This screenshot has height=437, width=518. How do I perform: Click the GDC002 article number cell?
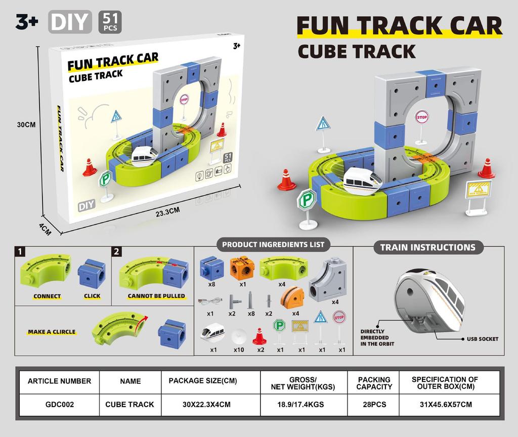coord(59,405)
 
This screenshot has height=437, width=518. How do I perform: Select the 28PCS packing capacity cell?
coord(374,405)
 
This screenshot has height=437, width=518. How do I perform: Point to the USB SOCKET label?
coord(482,339)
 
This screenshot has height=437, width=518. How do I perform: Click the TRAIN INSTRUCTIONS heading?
coord(427,247)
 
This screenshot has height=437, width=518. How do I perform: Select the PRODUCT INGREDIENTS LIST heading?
coord(273,244)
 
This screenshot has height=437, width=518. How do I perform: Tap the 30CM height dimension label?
coord(25,125)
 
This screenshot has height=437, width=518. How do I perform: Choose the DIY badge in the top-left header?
coord(70,22)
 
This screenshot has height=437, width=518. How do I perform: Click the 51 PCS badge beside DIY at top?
coord(110,22)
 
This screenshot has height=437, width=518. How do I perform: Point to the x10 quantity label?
coord(239,349)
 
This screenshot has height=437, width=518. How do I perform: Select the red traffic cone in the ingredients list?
coord(259,336)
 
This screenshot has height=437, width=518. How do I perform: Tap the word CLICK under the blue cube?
coord(92,296)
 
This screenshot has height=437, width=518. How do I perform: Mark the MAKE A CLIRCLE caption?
coord(52,332)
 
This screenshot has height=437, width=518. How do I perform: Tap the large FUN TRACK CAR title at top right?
coord(399,26)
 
